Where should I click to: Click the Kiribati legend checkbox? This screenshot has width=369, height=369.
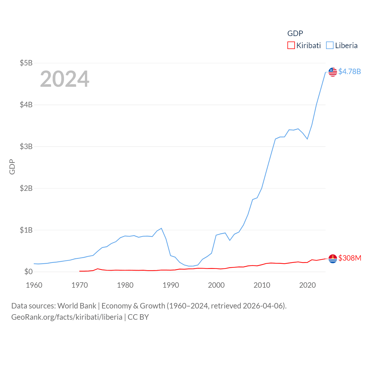pyautogui.click(x=291, y=46)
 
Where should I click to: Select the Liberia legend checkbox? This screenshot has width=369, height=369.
pyautogui.click(x=330, y=46)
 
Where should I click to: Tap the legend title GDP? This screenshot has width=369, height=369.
pyautogui.click(x=295, y=33)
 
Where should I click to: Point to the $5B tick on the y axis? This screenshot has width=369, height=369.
pyautogui.click(x=26, y=63)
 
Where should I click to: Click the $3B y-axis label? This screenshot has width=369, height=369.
pyautogui.click(x=26, y=146)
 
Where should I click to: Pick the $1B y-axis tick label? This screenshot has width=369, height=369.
pyautogui.click(x=26, y=230)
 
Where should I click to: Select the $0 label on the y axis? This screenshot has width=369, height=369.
pyautogui.click(x=28, y=272)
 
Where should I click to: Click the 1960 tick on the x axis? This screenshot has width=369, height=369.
pyautogui.click(x=34, y=285)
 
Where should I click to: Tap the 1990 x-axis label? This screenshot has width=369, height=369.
pyautogui.click(x=171, y=285)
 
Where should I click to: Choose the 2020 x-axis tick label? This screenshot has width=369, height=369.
pyautogui.click(x=307, y=285)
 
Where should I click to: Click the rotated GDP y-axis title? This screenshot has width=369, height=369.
pyautogui.click(x=12, y=167)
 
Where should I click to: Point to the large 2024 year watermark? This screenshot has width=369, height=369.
pyautogui.click(x=65, y=79)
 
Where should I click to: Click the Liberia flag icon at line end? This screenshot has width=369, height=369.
pyautogui.click(x=333, y=72)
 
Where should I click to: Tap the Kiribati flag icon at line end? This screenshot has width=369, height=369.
pyautogui.click(x=333, y=259)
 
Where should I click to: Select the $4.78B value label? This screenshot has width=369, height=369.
pyautogui.click(x=349, y=71)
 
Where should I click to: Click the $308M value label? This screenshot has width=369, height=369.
pyautogui.click(x=350, y=258)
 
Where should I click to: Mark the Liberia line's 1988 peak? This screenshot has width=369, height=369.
pyautogui.click(x=161, y=228)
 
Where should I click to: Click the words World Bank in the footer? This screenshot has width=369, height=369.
pyautogui.click(x=77, y=306)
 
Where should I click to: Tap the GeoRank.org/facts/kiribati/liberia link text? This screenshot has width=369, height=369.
pyautogui.click(x=67, y=317)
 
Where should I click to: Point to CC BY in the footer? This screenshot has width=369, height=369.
pyautogui.click(x=138, y=317)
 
